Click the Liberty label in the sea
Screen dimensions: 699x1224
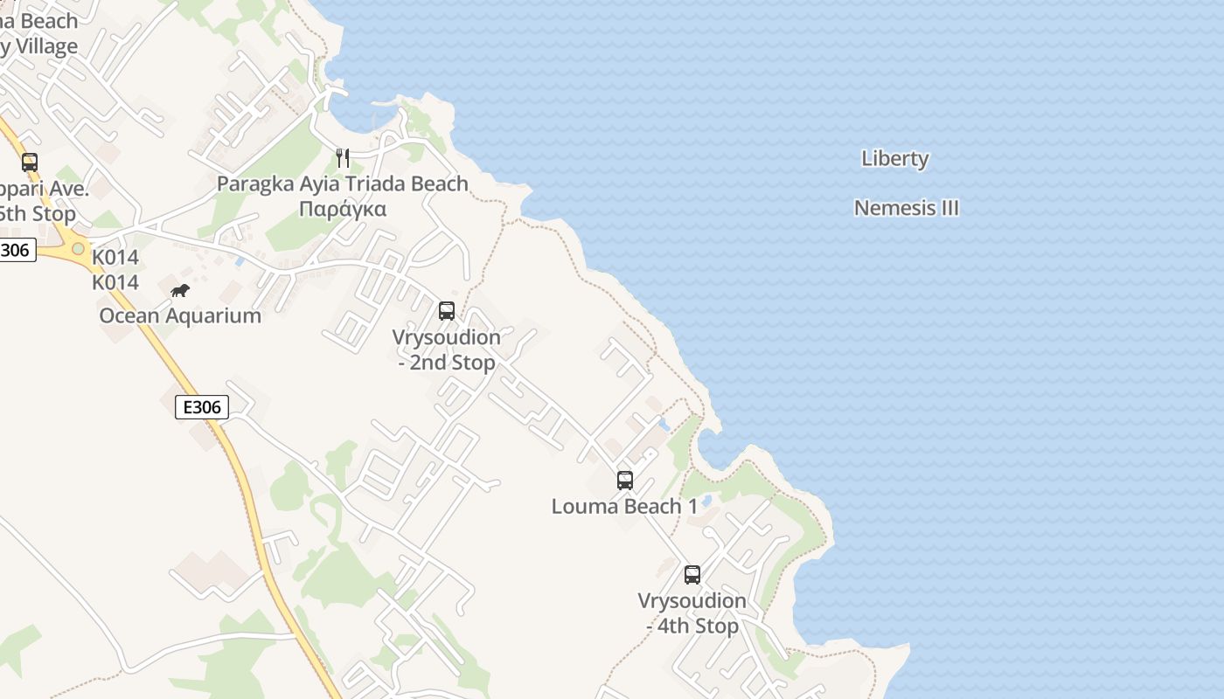[894, 158]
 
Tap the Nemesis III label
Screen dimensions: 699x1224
[906, 208]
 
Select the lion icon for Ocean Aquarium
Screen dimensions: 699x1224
[180, 291]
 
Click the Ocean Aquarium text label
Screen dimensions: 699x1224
[180, 315]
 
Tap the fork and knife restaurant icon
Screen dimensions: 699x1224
[343, 158]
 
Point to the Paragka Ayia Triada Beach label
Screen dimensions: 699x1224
[343, 183]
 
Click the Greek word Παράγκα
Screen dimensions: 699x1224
[343, 209]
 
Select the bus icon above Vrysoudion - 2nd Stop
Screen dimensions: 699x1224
[447, 310]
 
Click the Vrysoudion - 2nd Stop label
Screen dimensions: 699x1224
[447, 349]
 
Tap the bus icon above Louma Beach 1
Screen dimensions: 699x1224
[624, 480]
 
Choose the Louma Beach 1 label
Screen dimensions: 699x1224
[624, 506]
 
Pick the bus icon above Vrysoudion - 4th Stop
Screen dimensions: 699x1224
[692, 574]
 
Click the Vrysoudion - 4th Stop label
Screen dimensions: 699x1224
[692, 613]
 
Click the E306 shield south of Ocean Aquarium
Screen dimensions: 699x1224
[202, 406]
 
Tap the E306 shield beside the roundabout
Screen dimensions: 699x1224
[16, 250]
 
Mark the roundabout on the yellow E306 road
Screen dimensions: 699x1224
[78, 249]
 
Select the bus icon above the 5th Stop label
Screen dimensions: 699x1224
[30, 162]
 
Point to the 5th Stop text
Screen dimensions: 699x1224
[38, 213]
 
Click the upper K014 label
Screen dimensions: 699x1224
[115, 258]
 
